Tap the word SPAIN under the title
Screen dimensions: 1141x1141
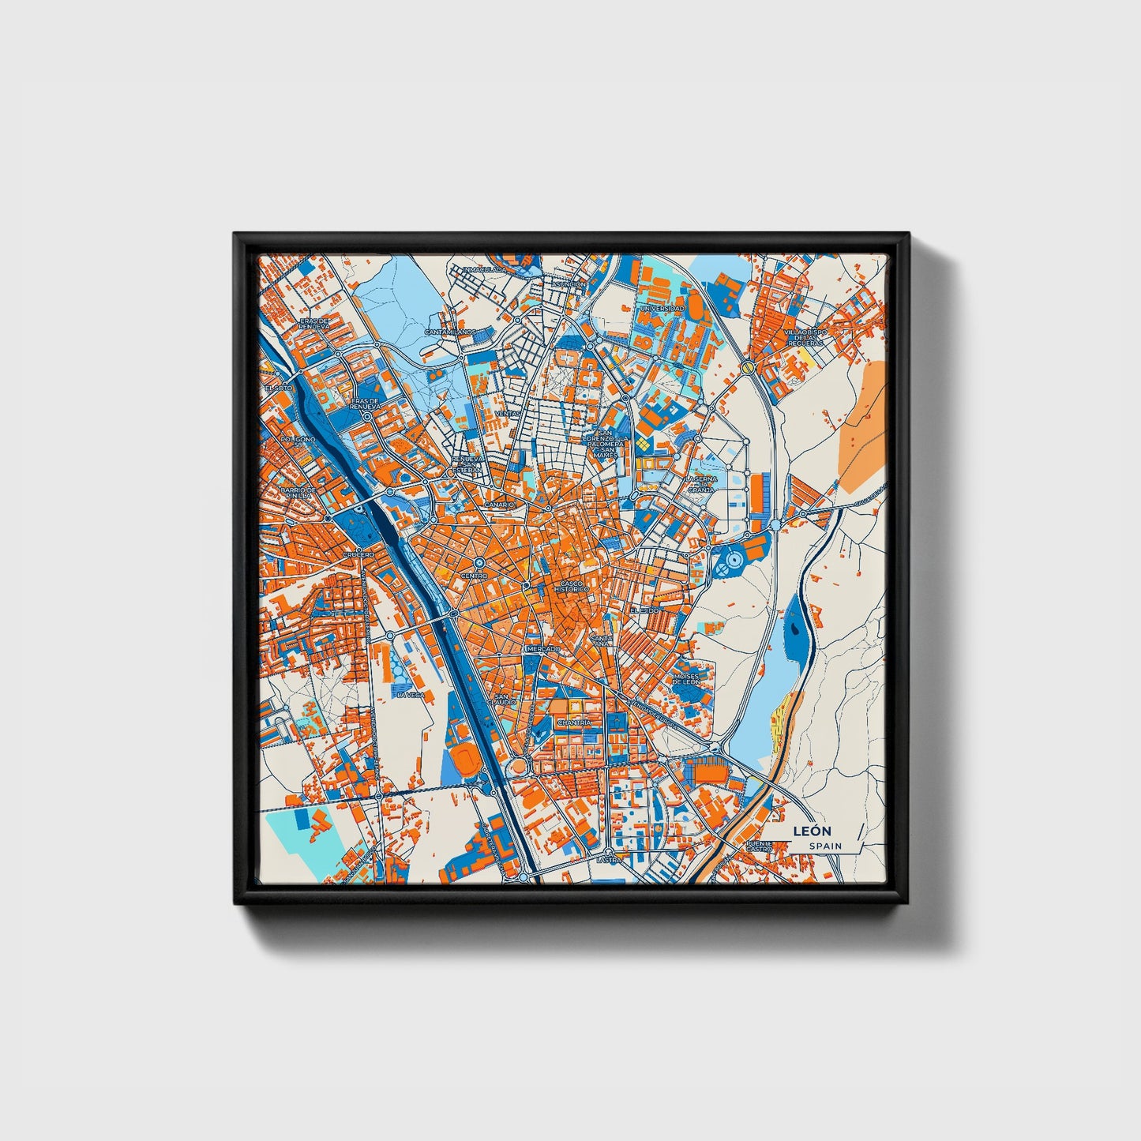pyautogui.click(x=825, y=846)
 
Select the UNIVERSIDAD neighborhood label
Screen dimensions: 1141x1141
pyautogui.click(x=662, y=308)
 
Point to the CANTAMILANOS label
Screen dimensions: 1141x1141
pyautogui.click(x=450, y=332)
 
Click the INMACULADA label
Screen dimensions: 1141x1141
pyautogui.click(x=484, y=270)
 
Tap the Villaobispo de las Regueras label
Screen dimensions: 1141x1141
pyautogui.click(x=805, y=338)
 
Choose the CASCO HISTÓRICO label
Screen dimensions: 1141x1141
pyautogui.click(x=572, y=587)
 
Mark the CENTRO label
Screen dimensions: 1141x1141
pyautogui.click(x=475, y=576)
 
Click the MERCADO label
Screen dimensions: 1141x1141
pyautogui.click(x=542, y=648)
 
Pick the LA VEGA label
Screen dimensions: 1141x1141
pyautogui.click(x=411, y=695)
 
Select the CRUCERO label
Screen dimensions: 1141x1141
pyautogui.click(x=358, y=555)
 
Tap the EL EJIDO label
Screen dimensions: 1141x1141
pyautogui.click(x=644, y=611)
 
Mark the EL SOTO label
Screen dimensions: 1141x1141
pyautogui.click(x=278, y=388)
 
